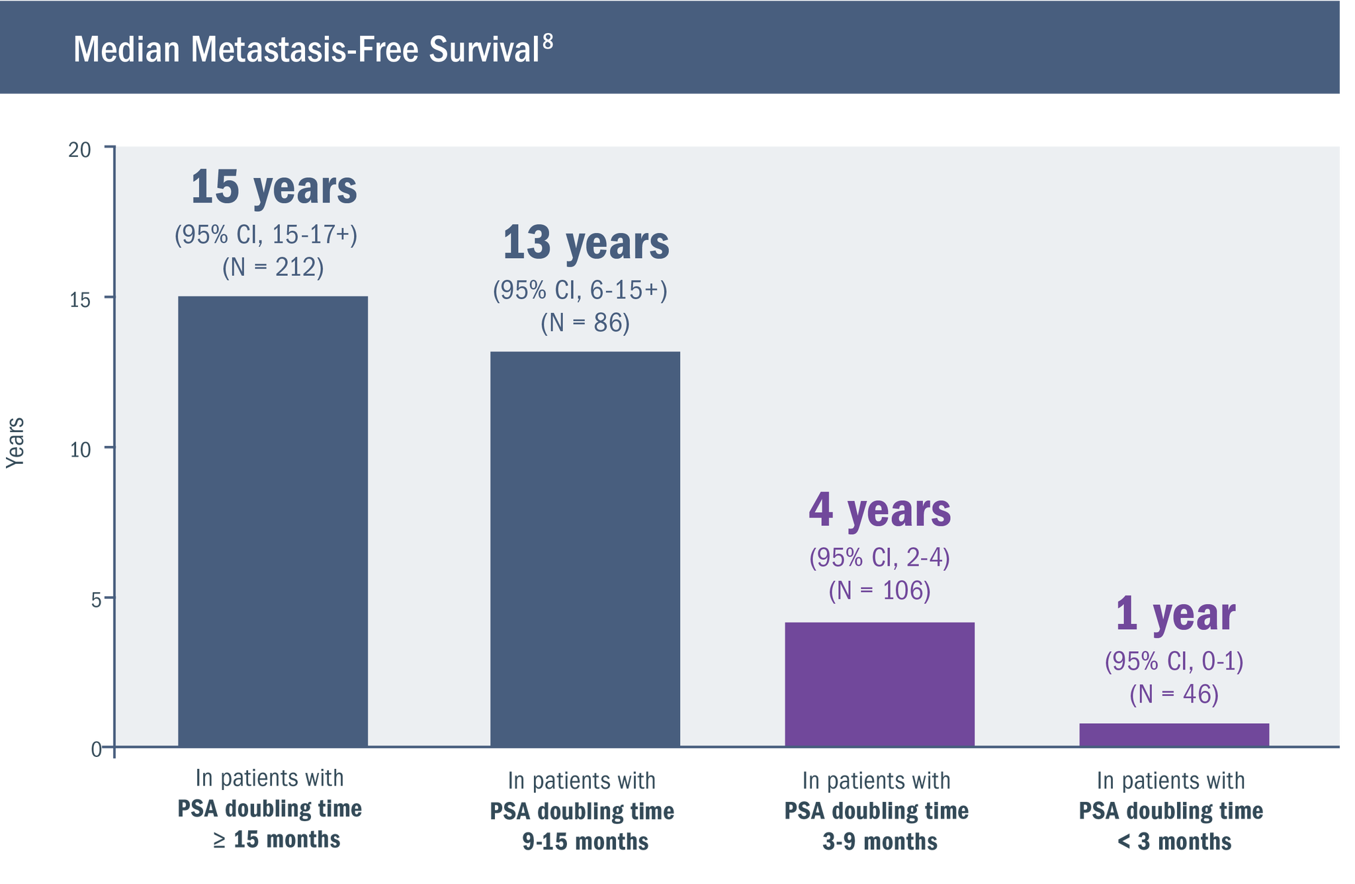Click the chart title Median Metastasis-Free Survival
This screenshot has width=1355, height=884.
pyautogui.click(x=306, y=50)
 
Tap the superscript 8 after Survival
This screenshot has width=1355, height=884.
pyautogui.click(x=547, y=42)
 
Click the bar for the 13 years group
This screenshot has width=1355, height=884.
pyautogui.click(x=585, y=549)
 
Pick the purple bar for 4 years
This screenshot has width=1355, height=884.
pyautogui.click(x=879, y=684)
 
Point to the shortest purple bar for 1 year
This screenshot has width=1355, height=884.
pyautogui.click(x=1174, y=735)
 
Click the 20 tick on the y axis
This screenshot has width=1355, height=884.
pyautogui.click(x=80, y=151)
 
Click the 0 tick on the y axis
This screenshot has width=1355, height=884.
pyautogui.click(x=97, y=750)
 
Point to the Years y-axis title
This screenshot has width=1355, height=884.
pyautogui.click(x=15, y=442)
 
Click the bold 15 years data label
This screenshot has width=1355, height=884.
pyautogui.click(x=273, y=187)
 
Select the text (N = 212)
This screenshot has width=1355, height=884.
pyautogui.click(x=273, y=267)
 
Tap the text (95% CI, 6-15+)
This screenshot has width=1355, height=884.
pyautogui.click(x=580, y=290)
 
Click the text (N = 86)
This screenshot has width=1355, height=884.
pyautogui.click(x=585, y=323)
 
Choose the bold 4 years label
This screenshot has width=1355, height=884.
pyautogui.click(x=879, y=510)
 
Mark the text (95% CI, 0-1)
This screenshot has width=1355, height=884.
pyautogui.click(x=1174, y=661)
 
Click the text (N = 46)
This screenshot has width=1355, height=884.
pyautogui.click(x=1174, y=694)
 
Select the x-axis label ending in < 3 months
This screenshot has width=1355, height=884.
pyautogui.click(x=1171, y=811)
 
